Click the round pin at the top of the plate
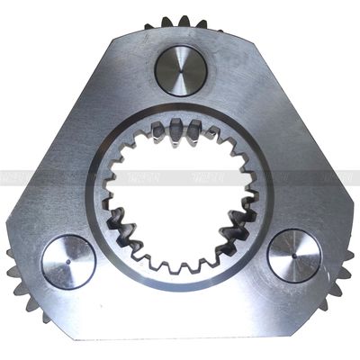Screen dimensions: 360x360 point(180,70)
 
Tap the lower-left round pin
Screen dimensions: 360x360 point(68,262)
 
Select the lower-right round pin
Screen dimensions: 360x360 point(293,255)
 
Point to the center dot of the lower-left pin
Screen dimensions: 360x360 point(68,262)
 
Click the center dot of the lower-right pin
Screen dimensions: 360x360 point(293,255)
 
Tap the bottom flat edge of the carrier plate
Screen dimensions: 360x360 point(180,335)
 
